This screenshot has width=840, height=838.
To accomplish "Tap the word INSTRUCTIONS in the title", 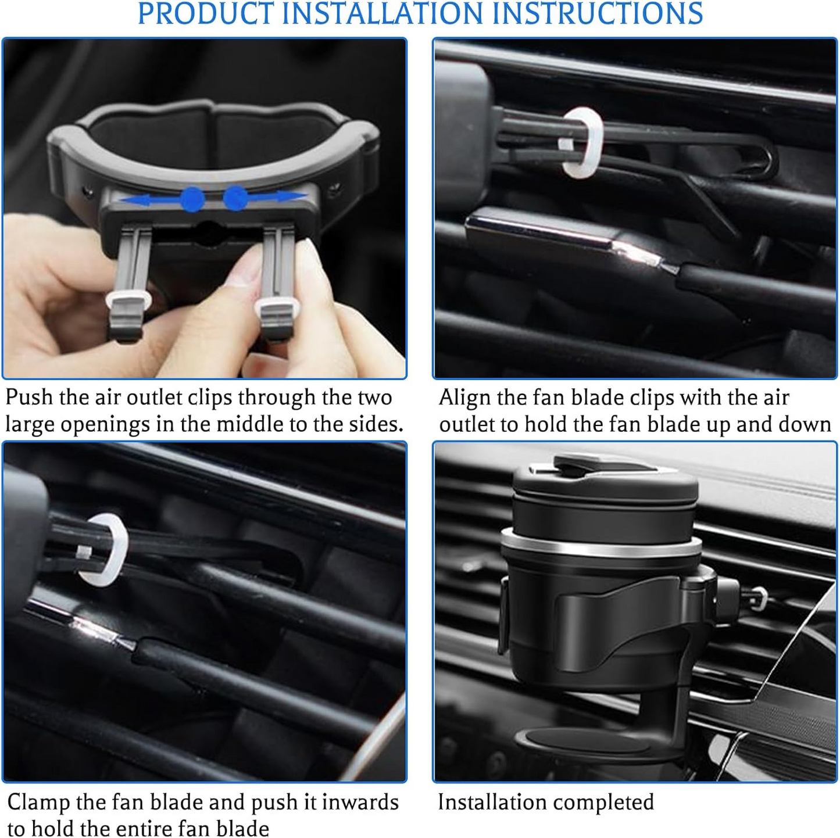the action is (x=597, y=13).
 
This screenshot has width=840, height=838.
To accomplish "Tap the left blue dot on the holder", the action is (x=192, y=199).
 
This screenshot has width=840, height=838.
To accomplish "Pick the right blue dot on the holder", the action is (x=235, y=198).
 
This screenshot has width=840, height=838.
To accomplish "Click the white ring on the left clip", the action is (x=128, y=300).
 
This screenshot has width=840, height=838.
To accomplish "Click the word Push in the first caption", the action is (x=28, y=397).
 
